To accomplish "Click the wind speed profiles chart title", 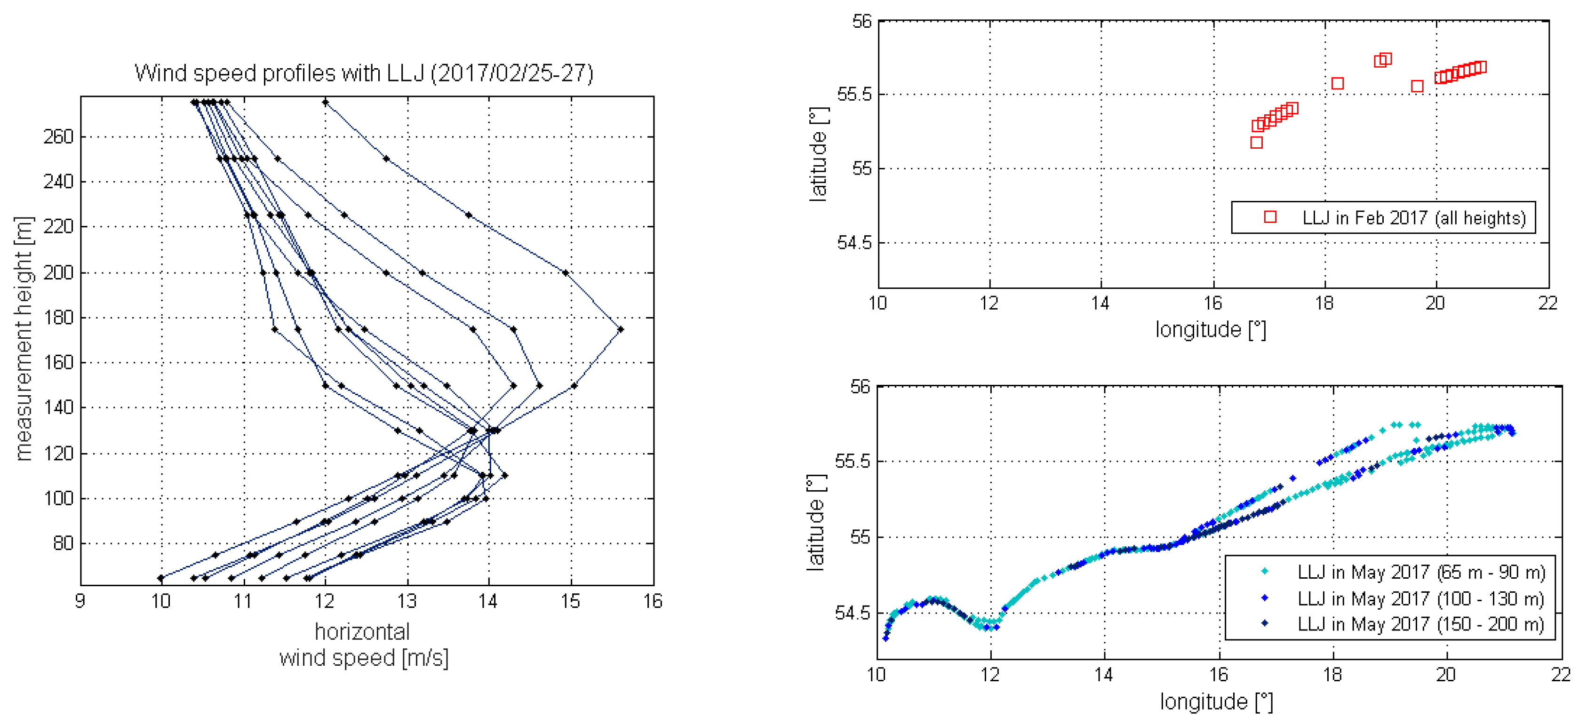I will click(x=364, y=73).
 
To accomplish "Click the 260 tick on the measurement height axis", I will click(x=58, y=136).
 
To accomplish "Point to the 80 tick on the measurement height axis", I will click(x=63, y=543).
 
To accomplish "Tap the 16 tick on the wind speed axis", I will click(x=653, y=601).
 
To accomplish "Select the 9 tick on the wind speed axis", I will click(x=80, y=601).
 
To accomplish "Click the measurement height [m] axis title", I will click(x=24, y=338).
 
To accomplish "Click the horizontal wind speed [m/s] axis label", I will click(x=364, y=645).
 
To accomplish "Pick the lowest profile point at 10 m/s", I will click(x=160, y=578).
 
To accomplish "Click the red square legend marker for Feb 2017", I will click(x=1270, y=217).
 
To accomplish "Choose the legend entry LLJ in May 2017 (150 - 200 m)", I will click(x=1421, y=624).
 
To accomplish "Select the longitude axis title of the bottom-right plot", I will click(x=1216, y=702).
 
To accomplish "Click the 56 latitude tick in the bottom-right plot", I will click(x=860, y=387).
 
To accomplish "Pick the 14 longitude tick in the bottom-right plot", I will click(x=1104, y=675).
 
